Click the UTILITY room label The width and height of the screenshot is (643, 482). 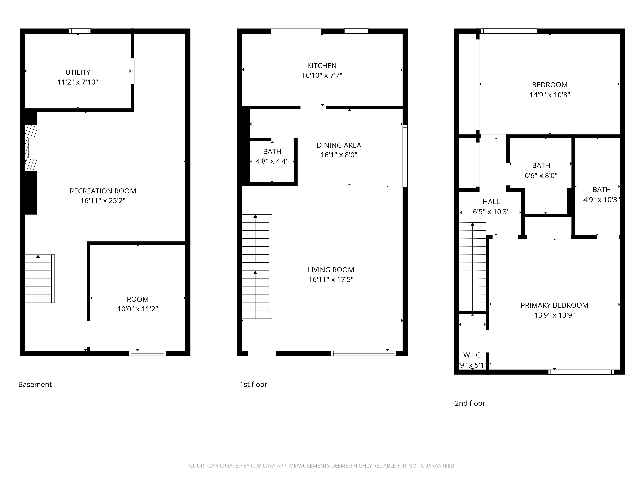click(x=78, y=72)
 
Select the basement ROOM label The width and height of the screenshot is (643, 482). click(x=137, y=299)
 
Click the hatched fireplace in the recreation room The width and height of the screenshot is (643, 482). click(x=31, y=148)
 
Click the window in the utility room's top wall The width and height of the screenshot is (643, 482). click(x=80, y=31)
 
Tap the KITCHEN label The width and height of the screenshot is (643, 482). click(x=322, y=66)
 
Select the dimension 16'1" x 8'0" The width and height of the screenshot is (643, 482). click(x=339, y=155)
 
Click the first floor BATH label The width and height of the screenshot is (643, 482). click(x=272, y=151)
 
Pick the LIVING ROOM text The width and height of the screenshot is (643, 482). click(x=331, y=270)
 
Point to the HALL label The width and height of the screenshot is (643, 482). click(x=491, y=202)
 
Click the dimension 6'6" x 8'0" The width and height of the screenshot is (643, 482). click(x=541, y=175)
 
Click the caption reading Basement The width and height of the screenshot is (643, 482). click(x=35, y=384)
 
